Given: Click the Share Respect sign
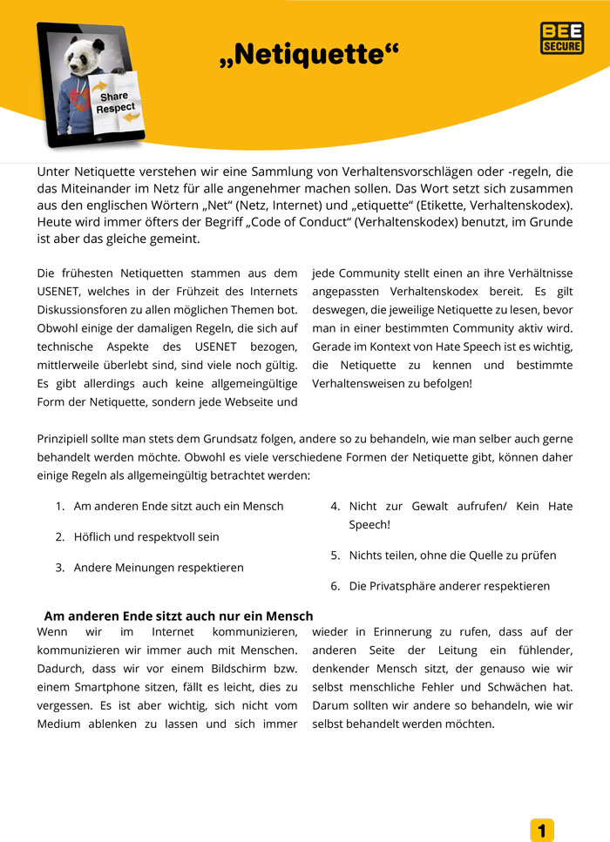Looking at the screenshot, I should pos(114,102).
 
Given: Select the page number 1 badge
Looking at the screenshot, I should pos(541,830).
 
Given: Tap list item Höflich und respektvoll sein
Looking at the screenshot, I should pos(146,536).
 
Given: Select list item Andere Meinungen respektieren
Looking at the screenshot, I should pos(159,567).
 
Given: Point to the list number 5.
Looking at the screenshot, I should pos(335,555).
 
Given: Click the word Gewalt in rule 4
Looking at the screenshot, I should pos(430,506).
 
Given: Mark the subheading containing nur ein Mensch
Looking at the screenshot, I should pos(178,616).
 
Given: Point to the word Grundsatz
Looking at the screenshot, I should pos(221,440).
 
